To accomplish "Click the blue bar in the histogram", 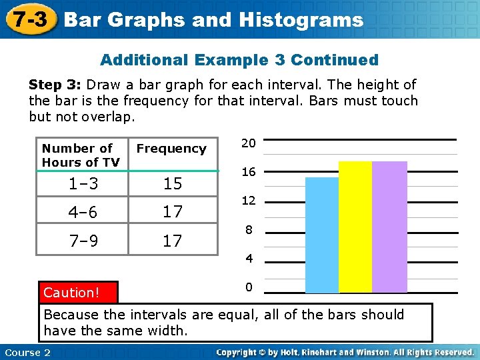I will tap(322, 235).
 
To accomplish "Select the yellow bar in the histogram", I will tap(355, 227).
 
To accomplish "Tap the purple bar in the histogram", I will tap(389, 227).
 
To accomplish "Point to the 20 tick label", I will tap(249, 143).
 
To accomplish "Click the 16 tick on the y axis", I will tap(249, 172).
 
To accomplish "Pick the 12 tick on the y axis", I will tap(249, 201).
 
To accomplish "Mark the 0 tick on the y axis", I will tap(249, 287).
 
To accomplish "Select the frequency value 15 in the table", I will tap(172, 183).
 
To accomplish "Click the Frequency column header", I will tap(171, 149).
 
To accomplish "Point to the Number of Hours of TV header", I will tap(81, 155).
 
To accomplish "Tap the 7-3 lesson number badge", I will tap(29, 19).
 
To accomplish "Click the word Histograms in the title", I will tap(311, 20).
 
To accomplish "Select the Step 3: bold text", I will tap(55, 85).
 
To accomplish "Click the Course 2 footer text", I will tap(27, 352).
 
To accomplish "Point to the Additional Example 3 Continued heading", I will tap(239, 60).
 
